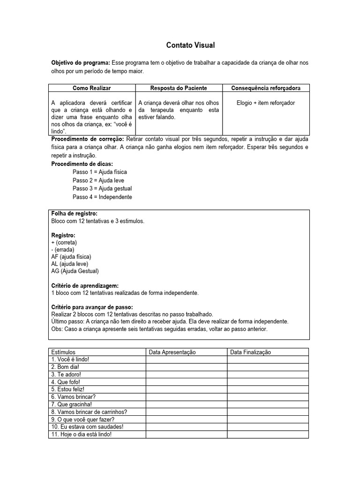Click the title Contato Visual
click(190, 45)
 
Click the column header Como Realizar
click(92, 88)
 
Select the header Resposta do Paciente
click(179, 88)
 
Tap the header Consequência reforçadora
click(266, 88)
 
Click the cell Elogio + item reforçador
click(266, 103)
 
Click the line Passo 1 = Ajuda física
click(99, 172)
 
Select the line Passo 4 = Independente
click(102, 197)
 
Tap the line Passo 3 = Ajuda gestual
click(102, 188)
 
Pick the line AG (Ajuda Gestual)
click(75, 271)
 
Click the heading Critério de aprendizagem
click(84, 285)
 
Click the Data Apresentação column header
click(172, 352)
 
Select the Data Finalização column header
click(251, 352)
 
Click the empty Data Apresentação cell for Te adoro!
click(187, 375)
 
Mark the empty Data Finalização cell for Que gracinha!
click(268, 404)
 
